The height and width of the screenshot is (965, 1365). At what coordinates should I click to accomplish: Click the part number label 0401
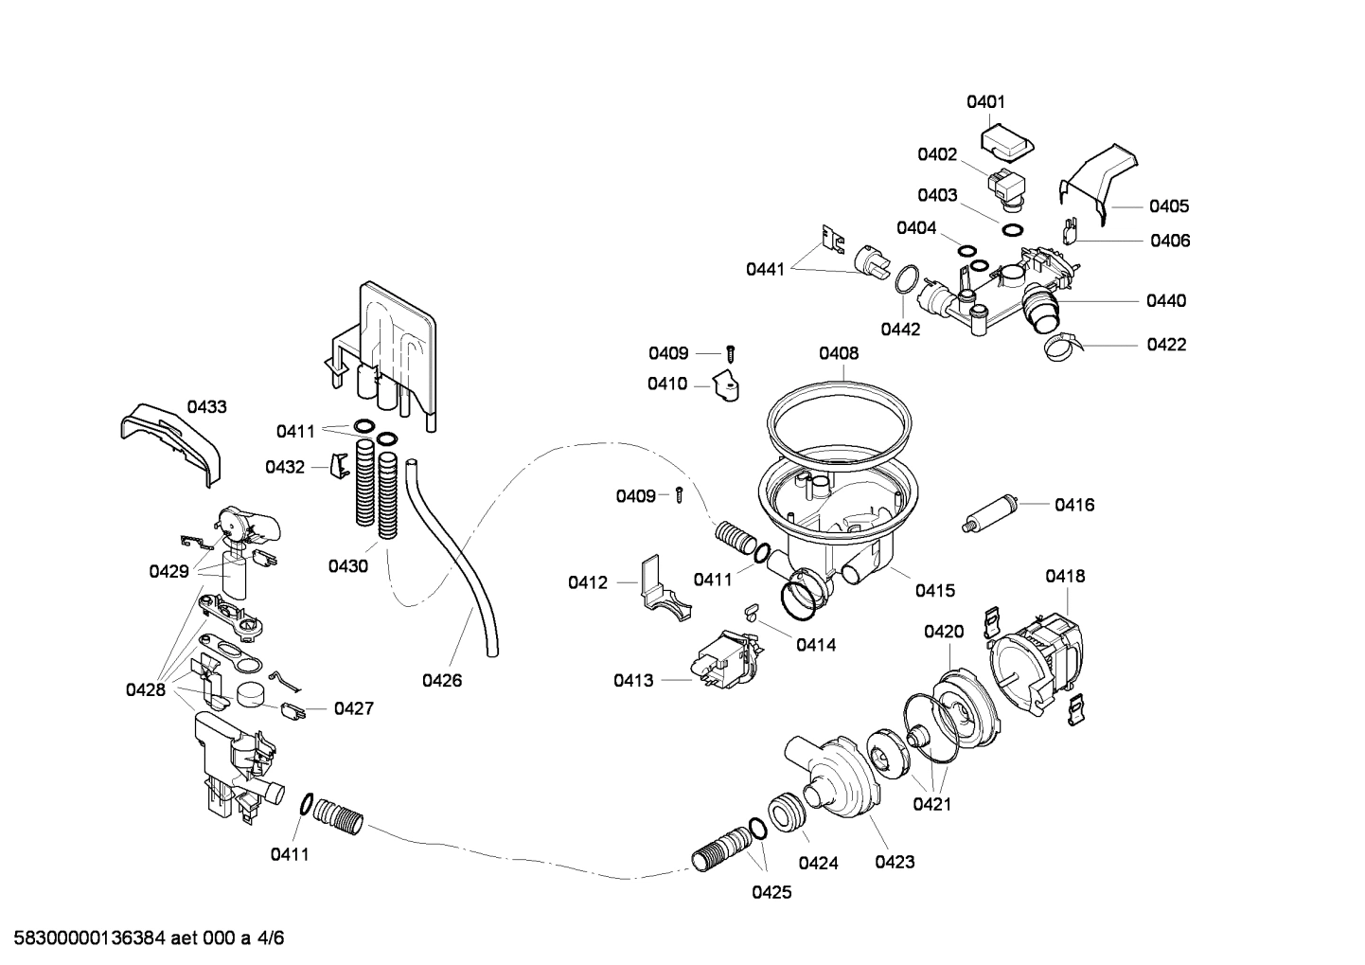click(985, 101)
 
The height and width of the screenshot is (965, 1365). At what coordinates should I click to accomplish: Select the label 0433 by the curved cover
click(206, 407)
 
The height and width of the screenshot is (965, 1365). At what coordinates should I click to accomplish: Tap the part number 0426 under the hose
click(442, 680)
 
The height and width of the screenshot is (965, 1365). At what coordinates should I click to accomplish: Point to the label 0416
click(1074, 505)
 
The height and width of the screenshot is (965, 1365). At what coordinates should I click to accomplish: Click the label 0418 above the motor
click(1065, 576)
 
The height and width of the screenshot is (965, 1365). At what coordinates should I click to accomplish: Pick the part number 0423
click(895, 862)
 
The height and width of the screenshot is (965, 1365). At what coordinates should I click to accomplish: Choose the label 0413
click(633, 680)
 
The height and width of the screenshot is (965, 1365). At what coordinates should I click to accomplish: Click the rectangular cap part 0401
click(1006, 144)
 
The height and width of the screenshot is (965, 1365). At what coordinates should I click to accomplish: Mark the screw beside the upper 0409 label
click(730, 354)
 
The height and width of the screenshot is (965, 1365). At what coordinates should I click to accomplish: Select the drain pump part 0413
click(724, 657)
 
